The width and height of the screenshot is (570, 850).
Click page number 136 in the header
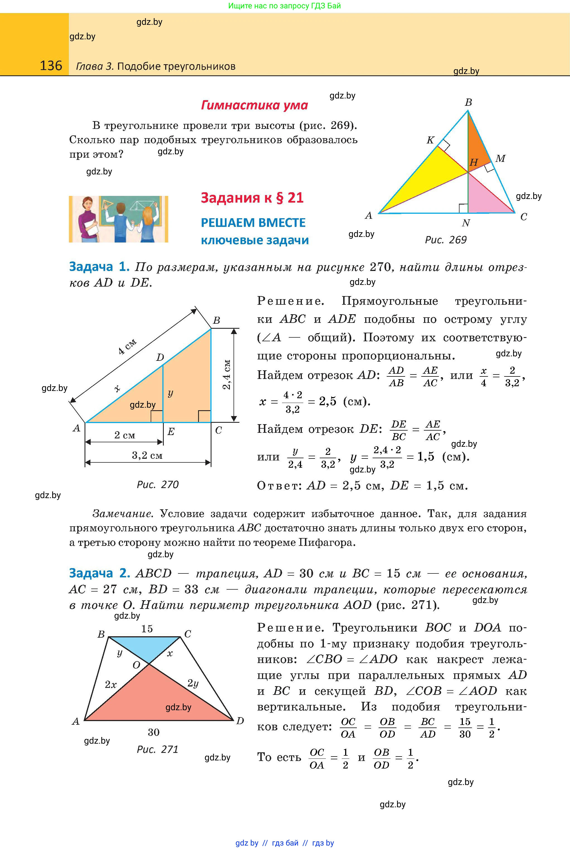(x=51, y=66)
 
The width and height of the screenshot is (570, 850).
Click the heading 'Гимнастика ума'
(x=254, y=105)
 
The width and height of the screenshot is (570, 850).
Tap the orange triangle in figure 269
(x=476, y=142)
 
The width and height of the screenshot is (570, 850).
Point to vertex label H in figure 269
(x=473, y=162)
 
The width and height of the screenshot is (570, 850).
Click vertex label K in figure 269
(x=430, y=140)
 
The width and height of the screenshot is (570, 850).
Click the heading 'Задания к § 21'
(x=252, y=198)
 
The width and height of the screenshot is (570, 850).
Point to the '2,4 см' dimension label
(x=227, y=374)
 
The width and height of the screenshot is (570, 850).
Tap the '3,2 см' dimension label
(x=147, y=455)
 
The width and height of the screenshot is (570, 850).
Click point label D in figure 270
(x=160, y=357)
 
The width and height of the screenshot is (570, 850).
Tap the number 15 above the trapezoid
(x=147, y=629)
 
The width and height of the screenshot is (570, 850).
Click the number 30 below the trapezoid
(x=153, y=732)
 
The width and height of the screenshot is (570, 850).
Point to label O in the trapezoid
(x=136, y=665)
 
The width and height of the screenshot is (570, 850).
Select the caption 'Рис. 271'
(x=157, y=749)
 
